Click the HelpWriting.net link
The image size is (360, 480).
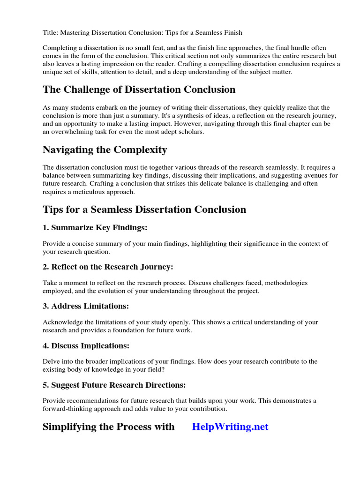coord(230,427)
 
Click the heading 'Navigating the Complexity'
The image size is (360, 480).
coord(105,150)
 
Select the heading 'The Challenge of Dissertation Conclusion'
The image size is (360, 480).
coord(139,89)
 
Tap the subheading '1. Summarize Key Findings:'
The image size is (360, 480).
coord(95,227)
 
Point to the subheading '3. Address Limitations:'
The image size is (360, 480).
coord(85,306)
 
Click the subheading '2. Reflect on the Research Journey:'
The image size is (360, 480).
coord(108,267)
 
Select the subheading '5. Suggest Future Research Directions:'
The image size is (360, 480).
coord(114,385)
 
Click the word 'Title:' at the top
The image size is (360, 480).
coord(50,32)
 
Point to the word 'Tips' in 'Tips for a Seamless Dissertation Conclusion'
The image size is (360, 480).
coord(53,209)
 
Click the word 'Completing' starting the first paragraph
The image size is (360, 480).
coord(59,48)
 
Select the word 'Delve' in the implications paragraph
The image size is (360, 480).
coord(51,361)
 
